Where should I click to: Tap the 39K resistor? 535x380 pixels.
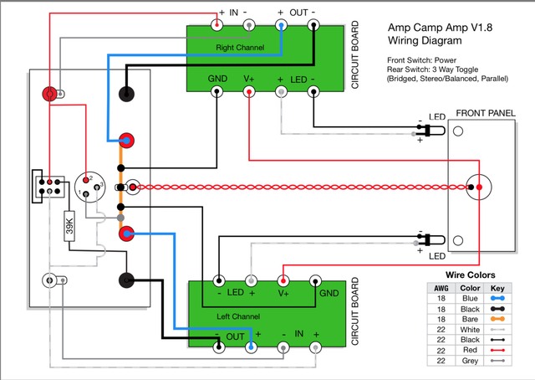click(x=70, y=227)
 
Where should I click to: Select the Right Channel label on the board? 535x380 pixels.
click(x=240, y=48)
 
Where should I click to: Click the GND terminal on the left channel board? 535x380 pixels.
click(x=317, y=280)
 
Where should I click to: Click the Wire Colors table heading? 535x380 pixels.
click(x=470, y=275)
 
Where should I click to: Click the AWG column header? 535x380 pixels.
click(x=440, y=285)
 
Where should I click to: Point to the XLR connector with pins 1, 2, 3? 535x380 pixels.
click(x=90, y=186)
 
